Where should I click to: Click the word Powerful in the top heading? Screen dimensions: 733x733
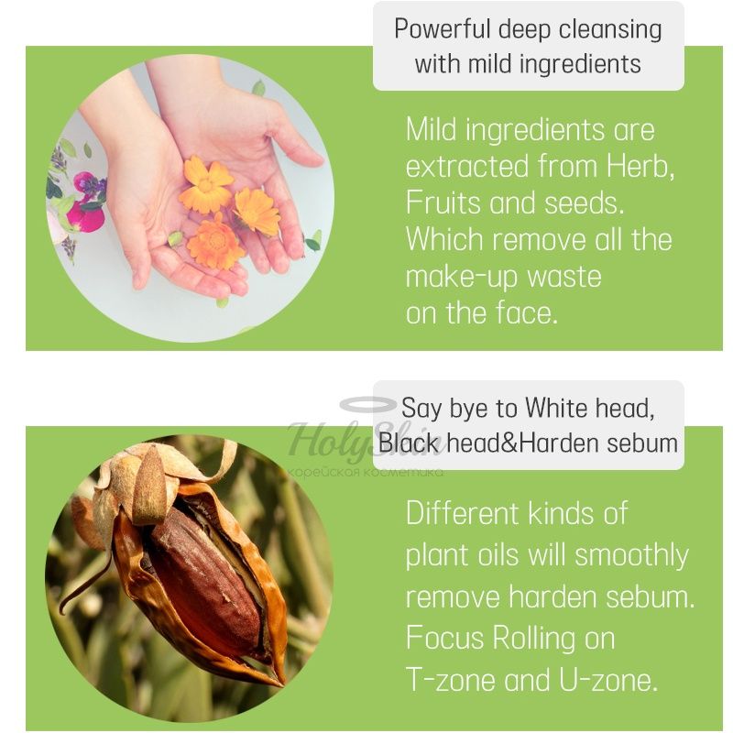tap(443, 29)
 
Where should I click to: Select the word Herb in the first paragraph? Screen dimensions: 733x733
tap(640, 167)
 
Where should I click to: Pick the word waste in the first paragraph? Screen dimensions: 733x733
tap(564, 277)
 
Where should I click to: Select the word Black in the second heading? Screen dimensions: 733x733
tap(409, 443)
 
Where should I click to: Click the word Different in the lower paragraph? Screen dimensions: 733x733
tap(462, 513)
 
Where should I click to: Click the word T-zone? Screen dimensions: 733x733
tap(450, 680)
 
